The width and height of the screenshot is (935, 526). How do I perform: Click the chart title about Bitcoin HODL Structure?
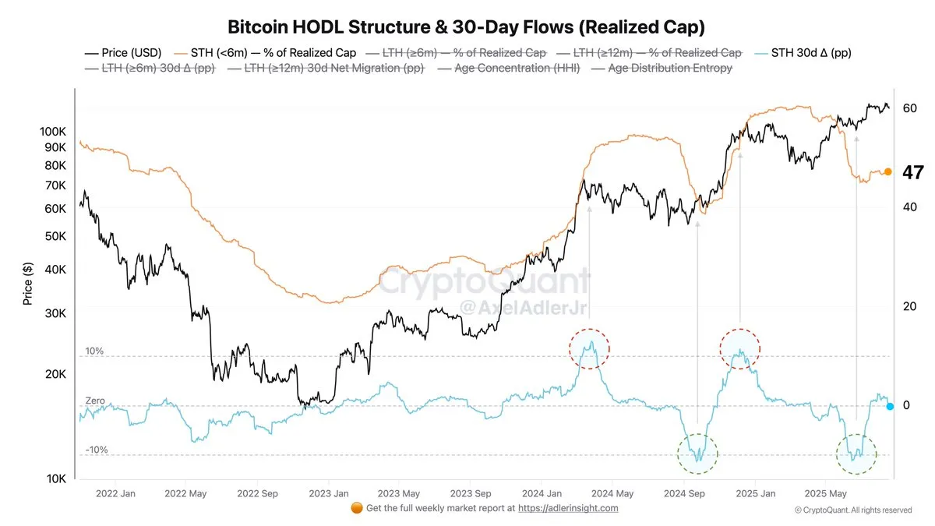[466, 27]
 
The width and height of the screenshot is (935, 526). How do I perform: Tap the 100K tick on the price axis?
[53, 132]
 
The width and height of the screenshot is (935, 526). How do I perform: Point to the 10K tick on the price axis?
[56, 479]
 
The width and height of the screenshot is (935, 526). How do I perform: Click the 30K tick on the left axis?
[56, 313]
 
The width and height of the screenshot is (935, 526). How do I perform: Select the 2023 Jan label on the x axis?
[329, 493]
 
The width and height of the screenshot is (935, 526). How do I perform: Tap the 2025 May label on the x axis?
[827, 493]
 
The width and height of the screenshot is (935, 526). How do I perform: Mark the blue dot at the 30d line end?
[890, 406]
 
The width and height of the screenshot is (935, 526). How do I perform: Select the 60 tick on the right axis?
[909, 108]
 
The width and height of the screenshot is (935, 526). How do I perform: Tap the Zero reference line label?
[94, 401]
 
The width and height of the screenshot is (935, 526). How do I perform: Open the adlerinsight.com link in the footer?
[568, 508]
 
